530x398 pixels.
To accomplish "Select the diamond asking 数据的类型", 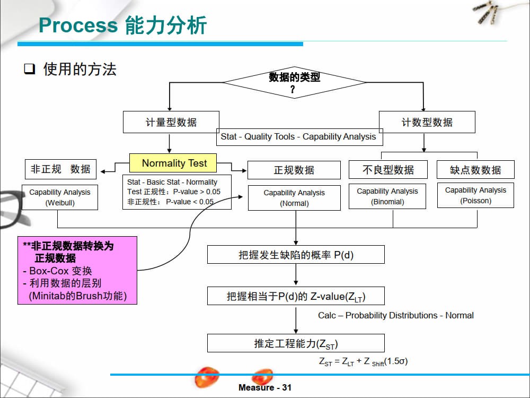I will pyautogui.click(x=294, y=83).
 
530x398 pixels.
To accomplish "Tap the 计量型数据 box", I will pyautogui.click(x=171, y=122).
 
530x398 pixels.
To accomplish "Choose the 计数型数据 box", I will pyautogui.click(x=427, y=122).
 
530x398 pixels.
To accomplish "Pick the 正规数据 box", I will pyautogui.click(x=294, y=170).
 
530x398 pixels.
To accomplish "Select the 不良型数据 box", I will pyautogui.click(x=388, y=169).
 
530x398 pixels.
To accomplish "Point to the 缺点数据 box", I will pyautogui.click(x=475, y=170).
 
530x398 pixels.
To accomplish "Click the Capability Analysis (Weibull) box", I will pyautogui.click(x=60, y=197).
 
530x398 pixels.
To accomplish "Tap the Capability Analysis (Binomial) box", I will pyautogui.click(x=387, y=196).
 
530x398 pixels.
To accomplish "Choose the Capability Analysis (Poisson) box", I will pyautogui.click(x=475, y=195).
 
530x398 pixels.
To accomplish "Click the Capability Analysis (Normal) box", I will pyautogui.click(x=294, y=198).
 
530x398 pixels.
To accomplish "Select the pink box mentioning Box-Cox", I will pyautogui.click(x=77, y=270).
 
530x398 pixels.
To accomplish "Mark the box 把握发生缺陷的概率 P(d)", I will pyautogui.click(x=295, y=255).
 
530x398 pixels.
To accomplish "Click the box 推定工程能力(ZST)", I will pyautogui.click(x=295, y=343).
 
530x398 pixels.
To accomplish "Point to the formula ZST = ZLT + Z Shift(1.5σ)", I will pyautogui.click(x=363, y=361).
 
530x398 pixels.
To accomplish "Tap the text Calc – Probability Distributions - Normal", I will pyautogui.click(x=395, y=315).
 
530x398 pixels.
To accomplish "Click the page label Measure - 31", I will pyautogui.click(x=265, y=387).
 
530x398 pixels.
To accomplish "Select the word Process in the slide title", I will pyautogui.click(x=78, y=25).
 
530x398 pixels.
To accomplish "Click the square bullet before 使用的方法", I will pyautogui.click(x=30, y=69).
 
